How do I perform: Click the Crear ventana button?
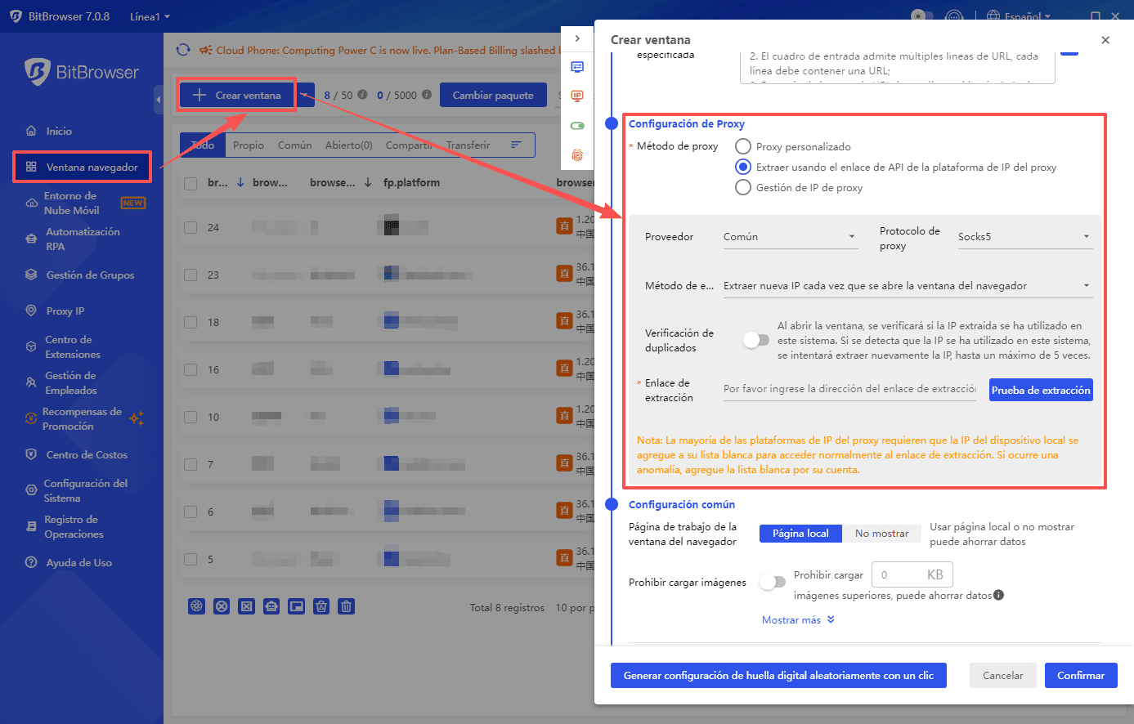pyautogui.click(x=237, y=96)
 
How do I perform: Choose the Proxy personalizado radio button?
pyautogui.click(x=742, y=147)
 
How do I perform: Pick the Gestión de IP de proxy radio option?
pyautogui.click(x=742, y=188)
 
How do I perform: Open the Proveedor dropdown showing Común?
pyautogui.click(x=789, y=237)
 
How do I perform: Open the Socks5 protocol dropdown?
pyautogui.click(x=1024, y=237)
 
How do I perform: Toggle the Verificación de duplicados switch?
pyautogui.click(x=756, y=341)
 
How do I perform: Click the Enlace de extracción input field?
pyautogui.click(x=849, y=389)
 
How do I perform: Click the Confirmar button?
pyautogui.click(x=1080, y=676)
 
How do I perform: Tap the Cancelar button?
pyautogui.click(x=1002, y=676)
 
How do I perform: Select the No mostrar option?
pyautogui.click(x=881, y=534)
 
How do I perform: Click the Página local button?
pyautogui.click(x=800, y=534)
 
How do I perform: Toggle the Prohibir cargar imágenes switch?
pyautogui.click(x=772, y=583)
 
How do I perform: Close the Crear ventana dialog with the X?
pyautogui.click(x=1105, y=40)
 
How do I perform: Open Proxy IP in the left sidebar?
pyautogui.click(x=65, y=311)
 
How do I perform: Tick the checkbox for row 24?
pyautogui.click(x=190, y=228)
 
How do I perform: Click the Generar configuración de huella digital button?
pyautogui.click(x=778, y=676)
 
